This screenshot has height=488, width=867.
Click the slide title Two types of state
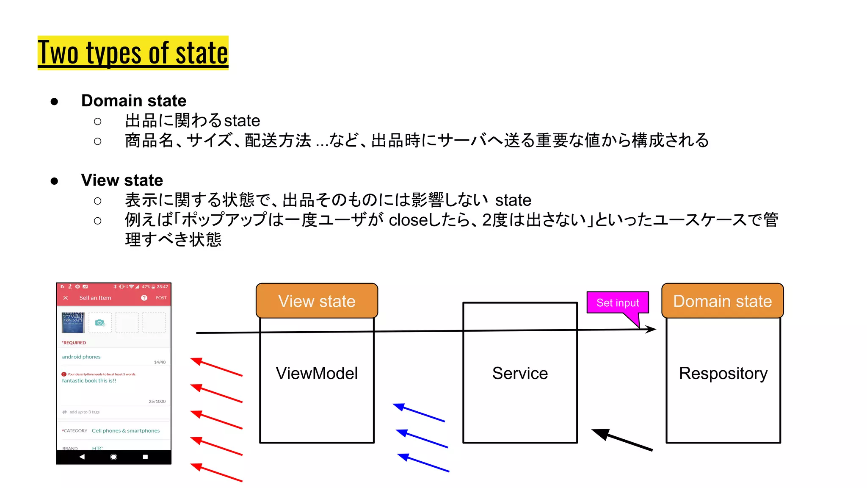coord(133,53)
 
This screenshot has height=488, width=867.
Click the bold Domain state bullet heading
coord(134,101)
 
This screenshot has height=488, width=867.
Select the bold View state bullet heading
coord(122,180)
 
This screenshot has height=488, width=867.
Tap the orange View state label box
coord(317,301)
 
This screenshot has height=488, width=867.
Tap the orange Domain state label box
coord(722,301)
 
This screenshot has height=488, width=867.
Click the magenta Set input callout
coord(617,303)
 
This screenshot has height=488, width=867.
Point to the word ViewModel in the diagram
coord(317,373)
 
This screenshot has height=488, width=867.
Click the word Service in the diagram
coord(520,373)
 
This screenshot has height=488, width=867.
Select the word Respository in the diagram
coord(723,373)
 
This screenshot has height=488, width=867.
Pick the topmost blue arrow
coord(419,413)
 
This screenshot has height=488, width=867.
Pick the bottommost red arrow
coord(216,472)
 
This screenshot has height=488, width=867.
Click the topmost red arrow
coord(216,367)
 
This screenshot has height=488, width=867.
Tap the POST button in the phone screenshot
coord(161,298)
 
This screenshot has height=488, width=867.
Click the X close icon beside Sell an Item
coord(66,298)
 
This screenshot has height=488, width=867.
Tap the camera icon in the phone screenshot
coord(100,323)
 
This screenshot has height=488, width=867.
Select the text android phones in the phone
coord(81,357)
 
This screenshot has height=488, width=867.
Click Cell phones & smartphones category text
coord(126,430)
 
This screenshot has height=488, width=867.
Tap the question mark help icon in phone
coord(144,298)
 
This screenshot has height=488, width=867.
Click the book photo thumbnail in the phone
coord(73,322)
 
